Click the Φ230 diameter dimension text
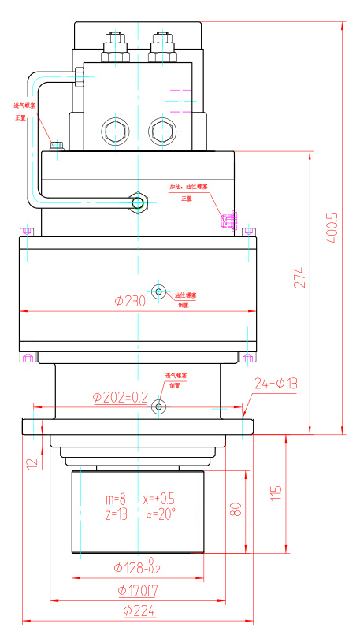[x=130, y=301]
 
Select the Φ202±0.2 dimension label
[x=120, y=397]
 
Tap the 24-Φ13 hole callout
[x=276, y=384]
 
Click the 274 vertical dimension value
[x=299, y=277]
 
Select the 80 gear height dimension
[x=235, y=510]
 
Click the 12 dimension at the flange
[x=32, y=464]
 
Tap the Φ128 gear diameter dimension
[x=137, y=567]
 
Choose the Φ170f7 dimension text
[x=139, y=590]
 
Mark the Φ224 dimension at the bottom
[x=138, y=611]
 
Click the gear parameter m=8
[x=115, y=499]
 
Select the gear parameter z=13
[x=115, y=514]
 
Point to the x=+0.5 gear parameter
[x=160, y=499]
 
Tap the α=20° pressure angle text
[x=161, y=514]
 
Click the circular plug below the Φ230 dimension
[x=159, y=292]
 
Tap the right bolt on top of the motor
[x=163, y=39]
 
